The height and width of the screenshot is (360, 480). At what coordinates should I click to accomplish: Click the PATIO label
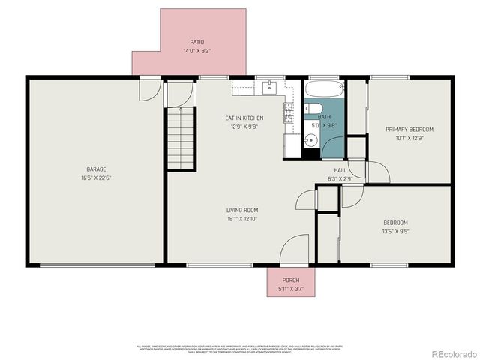(196, 43)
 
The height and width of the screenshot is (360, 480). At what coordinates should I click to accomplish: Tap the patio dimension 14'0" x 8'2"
(196, 52)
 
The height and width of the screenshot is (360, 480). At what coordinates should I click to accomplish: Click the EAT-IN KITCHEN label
(244, 118)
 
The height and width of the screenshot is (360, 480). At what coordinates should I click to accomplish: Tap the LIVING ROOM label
(243, 210)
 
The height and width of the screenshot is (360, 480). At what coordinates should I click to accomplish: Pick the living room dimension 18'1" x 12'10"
(243, 219)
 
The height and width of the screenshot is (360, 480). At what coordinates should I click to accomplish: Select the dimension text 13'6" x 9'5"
(396, 232)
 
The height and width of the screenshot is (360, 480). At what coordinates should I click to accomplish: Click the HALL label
(340, 170)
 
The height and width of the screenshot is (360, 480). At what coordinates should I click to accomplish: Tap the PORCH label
(290, 279)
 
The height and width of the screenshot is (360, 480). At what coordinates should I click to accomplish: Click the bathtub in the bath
(324, 91)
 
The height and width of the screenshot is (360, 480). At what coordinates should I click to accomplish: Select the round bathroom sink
(310, 140)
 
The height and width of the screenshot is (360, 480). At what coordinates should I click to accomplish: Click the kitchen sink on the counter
(271, 88)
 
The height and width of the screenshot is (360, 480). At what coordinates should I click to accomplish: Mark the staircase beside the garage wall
(181, 137)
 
